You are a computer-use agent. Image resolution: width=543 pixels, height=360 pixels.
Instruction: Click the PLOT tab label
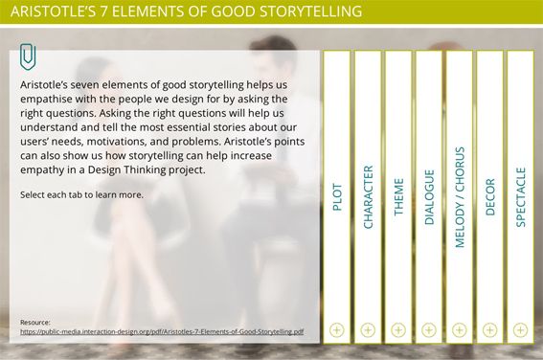point(337,197)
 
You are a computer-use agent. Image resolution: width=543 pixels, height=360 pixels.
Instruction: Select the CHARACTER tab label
point(368,197)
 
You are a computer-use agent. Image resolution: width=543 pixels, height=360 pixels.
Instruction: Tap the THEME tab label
point(398,197)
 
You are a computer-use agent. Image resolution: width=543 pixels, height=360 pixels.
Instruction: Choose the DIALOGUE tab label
point(429,197)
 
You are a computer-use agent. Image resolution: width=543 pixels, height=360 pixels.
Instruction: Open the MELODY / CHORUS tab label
point(459,197)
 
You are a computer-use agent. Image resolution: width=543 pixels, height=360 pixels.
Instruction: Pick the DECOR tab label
point(489,197)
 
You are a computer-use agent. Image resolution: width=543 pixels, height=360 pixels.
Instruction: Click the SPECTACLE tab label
point(520,197)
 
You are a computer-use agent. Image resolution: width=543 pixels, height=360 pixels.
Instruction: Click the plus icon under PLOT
point(337,330)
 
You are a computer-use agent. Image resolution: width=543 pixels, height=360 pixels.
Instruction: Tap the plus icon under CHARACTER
point(368,330)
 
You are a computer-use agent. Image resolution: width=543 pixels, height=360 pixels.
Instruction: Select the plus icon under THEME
point(398,330)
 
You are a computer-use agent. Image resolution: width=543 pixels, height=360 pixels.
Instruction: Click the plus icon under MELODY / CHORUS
point(459,330)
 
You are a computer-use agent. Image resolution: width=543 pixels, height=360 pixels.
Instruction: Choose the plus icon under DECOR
point(489,330)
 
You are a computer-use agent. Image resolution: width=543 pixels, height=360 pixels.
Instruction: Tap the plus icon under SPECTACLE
point(520,330)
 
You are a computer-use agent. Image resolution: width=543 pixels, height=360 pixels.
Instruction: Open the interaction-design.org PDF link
point(162,331)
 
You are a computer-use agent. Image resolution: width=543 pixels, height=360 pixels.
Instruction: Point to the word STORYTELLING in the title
point(310,11)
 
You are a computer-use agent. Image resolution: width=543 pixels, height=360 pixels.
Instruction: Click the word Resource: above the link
point(35,323)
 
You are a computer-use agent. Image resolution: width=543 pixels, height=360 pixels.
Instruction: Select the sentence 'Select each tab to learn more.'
point(81,195)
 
